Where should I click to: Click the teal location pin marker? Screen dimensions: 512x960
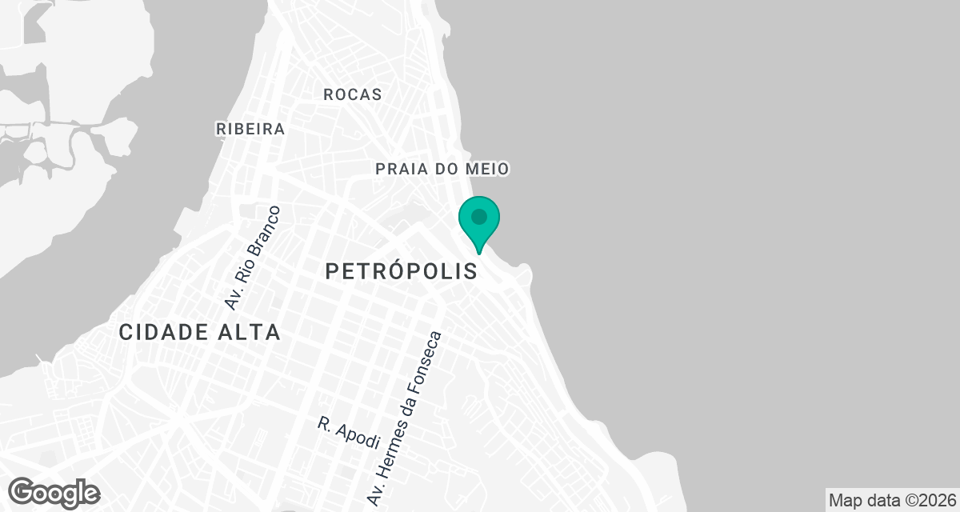pyautogui.click(x=479, y=222)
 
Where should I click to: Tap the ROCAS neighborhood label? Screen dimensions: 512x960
pyautogui.click(x=353, y=94)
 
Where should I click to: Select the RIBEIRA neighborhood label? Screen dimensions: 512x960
pyautogui.click(x=250, y=129)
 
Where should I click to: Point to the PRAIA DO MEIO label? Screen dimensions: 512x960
pyautogui.click(x=442, y=169)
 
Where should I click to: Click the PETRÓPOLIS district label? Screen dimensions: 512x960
pyautogui.click(x=402, y=272)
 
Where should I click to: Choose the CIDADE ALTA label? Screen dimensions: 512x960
pyautogui.click(x=200, y=333)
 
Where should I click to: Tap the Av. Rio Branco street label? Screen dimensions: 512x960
pyautogui.click(x=253, y=258)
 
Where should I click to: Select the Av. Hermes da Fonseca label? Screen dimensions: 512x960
pyautogui.click(x=404, y=418)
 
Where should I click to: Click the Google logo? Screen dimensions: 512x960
pyautogui.click(x=54, y=492)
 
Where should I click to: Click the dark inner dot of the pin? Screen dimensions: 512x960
pyautogui.click(x=479, y=217)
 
